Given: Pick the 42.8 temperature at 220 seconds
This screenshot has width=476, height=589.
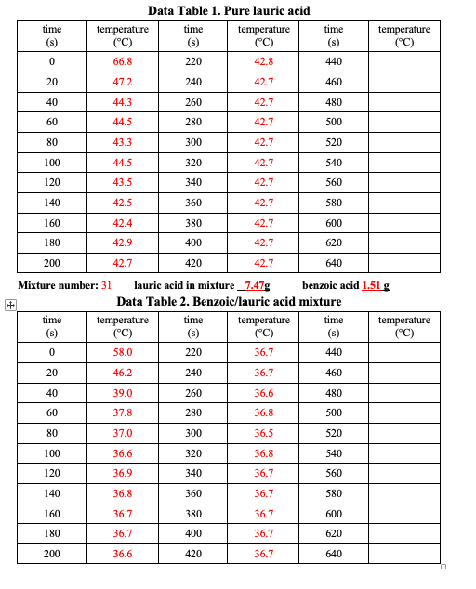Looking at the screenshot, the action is (263, 61).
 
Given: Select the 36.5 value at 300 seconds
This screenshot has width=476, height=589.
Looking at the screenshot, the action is (263, 433).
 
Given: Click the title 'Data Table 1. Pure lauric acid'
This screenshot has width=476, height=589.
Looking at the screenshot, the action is (229, 10).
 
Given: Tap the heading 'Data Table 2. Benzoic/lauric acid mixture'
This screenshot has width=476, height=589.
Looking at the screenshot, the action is (229, 301).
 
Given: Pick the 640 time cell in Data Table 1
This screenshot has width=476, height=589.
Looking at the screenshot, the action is (334, 263).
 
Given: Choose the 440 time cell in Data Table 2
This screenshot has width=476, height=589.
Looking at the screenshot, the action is (334, 352).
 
